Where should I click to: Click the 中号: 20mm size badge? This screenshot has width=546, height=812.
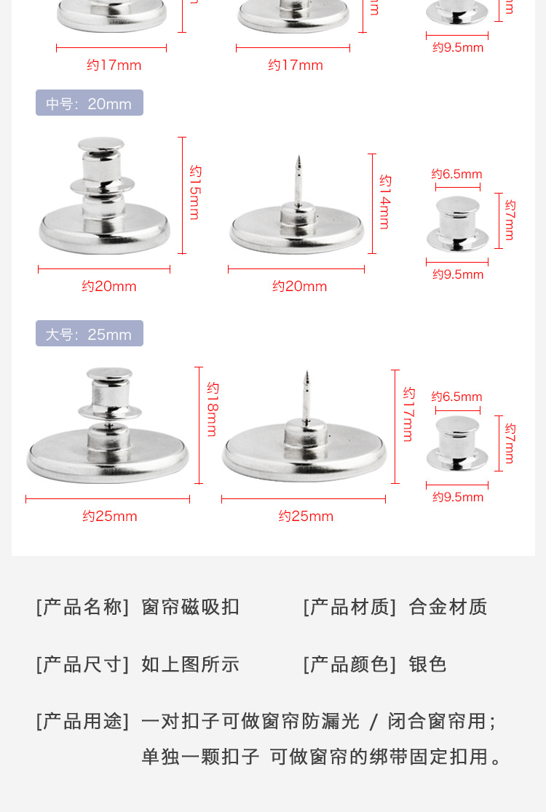[x=89, y=103]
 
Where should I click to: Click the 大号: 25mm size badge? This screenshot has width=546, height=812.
[x=89, y=334]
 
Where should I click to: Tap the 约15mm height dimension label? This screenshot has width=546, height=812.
[x=195, y=193]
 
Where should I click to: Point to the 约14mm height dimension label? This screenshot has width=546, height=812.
[x=385, y=202]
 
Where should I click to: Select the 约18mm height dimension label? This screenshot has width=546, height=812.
[x=212, y=409]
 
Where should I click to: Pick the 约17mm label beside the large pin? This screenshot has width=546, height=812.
[x=408, y=414]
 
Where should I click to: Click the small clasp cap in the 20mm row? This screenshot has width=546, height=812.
[x=457, y=223]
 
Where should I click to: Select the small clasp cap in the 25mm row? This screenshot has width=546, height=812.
[x=457, y=444]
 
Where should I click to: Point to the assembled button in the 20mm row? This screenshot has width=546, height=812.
[x=103, y=200]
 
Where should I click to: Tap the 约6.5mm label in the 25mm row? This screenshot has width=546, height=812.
[x=456, y=397]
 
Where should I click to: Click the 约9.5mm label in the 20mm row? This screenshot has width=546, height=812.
[x=458, y=274]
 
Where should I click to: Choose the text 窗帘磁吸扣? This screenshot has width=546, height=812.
[x=190, y=607]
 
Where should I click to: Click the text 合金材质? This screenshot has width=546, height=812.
[x=448, y=607]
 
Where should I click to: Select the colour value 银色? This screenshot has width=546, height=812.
[x=427, y=664]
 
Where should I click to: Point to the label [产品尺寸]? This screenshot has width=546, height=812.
[x=82, y=664]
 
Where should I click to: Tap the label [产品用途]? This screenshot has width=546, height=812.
[x=82, y=721]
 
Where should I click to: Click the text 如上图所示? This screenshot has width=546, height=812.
[x=190, y=664]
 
